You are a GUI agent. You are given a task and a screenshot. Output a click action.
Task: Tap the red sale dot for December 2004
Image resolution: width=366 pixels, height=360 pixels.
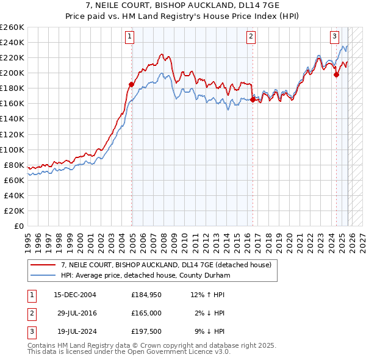[x=131, y=84]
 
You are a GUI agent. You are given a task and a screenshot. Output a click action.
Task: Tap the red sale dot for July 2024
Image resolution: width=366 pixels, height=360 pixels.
[x=336, y=75]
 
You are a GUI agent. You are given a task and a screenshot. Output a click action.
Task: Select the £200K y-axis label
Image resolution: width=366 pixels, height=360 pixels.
[x=12, y=73]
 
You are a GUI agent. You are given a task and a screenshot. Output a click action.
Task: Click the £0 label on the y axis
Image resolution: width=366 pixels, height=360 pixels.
[x=18, y=226]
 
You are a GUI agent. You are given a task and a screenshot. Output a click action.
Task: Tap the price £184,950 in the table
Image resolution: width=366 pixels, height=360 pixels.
[x=146, y=295]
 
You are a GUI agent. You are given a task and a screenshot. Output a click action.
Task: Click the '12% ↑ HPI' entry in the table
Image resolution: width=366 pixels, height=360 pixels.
[x=207, y=295]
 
